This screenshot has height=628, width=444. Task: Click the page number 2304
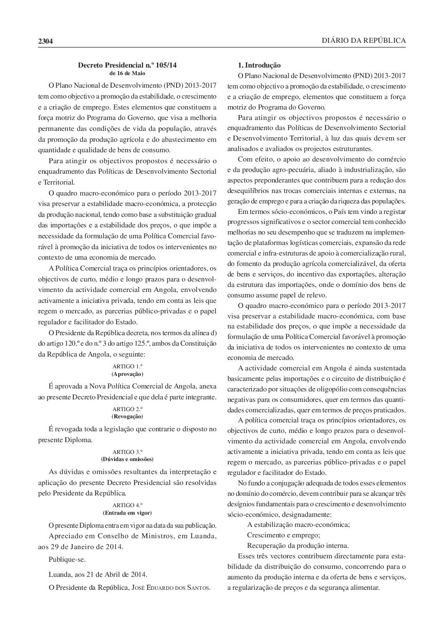(x=44, y=41)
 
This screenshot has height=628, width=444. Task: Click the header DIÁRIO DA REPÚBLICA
(x=363, y=40)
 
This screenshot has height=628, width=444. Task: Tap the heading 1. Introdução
(x=259, y=65)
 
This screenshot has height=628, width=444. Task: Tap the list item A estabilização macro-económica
(x=298, y=524)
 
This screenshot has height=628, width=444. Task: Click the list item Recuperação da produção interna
(x=298, y=545)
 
